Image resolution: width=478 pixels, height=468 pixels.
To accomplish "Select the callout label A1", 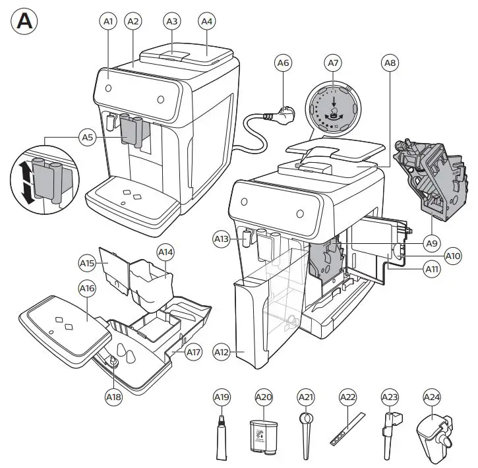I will [109, 22].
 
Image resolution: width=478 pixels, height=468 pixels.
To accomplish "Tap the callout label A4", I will [207, 22].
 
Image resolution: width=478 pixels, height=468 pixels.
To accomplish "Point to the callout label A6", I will [284, 63].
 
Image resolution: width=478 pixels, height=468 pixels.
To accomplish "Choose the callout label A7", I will [334, 63].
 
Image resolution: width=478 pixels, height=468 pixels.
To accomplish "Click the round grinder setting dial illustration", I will [334, 105].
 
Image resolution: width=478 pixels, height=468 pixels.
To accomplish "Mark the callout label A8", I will [390, 63].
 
